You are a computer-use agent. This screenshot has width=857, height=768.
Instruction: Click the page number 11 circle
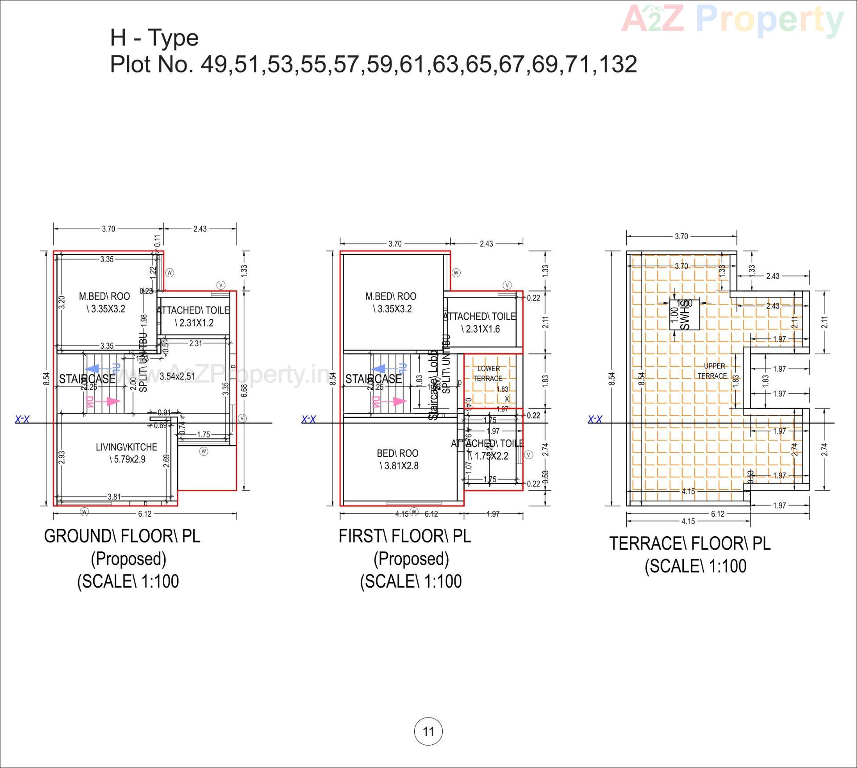(428, 731)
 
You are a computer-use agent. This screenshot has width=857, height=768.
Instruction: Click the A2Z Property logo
(732, 20)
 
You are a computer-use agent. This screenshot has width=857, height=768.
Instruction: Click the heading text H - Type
(154, 38)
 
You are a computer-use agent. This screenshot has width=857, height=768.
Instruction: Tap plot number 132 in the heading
(618, 64)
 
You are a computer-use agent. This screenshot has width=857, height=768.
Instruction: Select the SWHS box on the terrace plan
(684, 315)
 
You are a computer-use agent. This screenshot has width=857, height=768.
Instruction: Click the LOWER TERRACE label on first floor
(488, 373)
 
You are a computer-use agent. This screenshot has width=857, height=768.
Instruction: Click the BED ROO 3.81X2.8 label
(398, 459)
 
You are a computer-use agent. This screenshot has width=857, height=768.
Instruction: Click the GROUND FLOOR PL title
(122, 536)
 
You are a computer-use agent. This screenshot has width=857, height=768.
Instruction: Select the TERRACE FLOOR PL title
(690, 543)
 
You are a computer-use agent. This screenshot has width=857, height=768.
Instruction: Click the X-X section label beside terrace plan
(595, 419)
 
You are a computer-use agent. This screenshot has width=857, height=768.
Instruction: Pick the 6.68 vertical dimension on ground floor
(244, 391)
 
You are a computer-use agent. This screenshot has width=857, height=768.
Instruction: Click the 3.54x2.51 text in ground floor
(177, 376)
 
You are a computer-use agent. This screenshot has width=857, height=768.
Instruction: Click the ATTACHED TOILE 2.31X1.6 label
(480, 322)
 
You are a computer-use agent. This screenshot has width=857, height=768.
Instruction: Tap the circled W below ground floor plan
(84, 512)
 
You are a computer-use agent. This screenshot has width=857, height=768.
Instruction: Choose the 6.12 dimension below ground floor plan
(145, 514)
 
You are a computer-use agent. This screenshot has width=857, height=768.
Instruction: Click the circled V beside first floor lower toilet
(528, 455)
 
